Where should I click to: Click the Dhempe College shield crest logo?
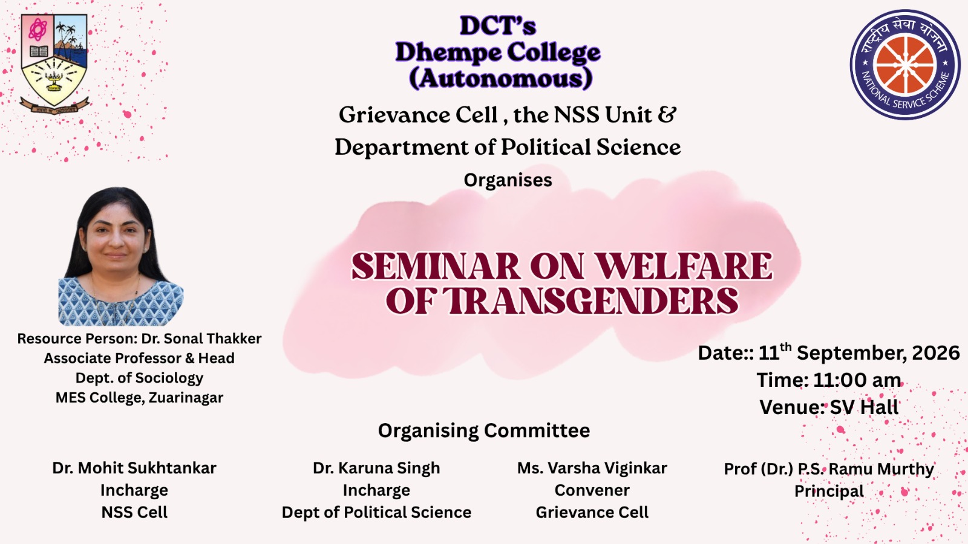click(x=54, y=64)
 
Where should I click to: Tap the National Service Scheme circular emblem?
click(x=904, y=65)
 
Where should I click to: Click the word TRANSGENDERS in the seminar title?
click(x=590, y=300)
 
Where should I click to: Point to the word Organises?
click(x=508, y=180)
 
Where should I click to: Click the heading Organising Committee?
click(x=484, y=430)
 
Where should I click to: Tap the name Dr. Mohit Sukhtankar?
click(x=134, y=468)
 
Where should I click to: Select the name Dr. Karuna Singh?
click(x=376, y=468)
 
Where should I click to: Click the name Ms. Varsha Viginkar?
click(x=592, y=468)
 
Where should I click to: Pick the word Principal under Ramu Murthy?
click(x=829, y=491)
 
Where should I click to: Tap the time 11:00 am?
click(x=857, y=380)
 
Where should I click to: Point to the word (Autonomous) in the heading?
click(x=500, y=79)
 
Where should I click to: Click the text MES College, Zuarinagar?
click(x=139, y=398)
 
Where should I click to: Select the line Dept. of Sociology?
click(x=139, y=378)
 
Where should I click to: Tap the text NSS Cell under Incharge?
click(x=134, y=513)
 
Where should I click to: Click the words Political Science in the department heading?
click(x=590, y=147)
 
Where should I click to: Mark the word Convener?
click(x=592, y=490)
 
